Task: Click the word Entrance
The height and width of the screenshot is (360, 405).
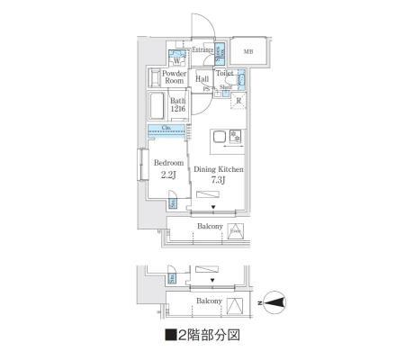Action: tap(202, 49)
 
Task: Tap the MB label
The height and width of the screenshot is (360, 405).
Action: tap(248, 51)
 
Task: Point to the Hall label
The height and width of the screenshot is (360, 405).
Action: tap(202, 79)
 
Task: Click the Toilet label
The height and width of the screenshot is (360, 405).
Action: tap(225, 73)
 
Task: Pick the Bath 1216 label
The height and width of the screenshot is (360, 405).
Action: tap(178, 105)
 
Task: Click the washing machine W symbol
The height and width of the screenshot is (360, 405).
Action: tap(176, 60)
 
